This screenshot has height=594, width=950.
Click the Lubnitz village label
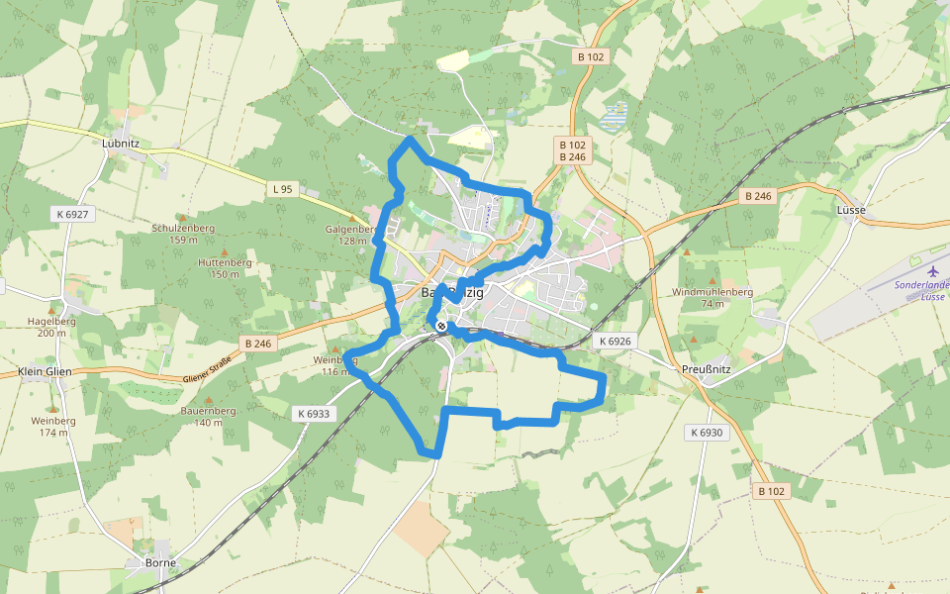[x=121, y=143]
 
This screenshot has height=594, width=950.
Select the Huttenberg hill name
[x=225, y=262]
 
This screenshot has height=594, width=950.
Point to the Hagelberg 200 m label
[x=47, y=321]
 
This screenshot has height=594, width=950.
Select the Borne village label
[x=159, y=562]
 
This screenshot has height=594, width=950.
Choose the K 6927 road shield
[x=72, y=214]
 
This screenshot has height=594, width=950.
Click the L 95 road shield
[x=283, y=188]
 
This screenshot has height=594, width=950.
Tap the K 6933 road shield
[x=312, y=414]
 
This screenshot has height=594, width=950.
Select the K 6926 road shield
[x=614, y=341]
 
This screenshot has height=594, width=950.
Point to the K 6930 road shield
[x=707, y=433]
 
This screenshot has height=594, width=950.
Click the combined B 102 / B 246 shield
[x=573, y=150]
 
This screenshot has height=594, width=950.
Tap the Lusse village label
[x=850, y=210]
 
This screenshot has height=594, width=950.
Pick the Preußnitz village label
[x=706, y=369]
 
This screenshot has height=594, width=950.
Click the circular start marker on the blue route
[x=440, y=326]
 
